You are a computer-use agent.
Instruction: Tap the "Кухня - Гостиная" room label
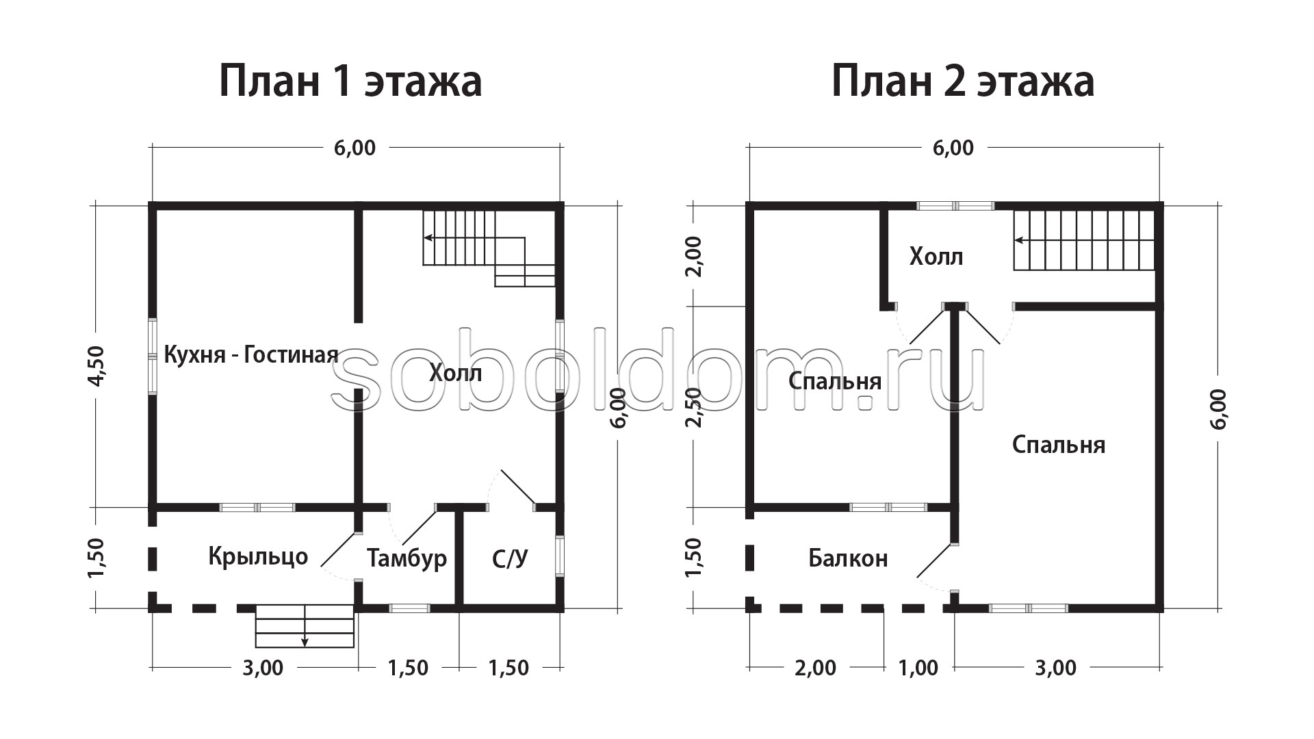coord(251,354)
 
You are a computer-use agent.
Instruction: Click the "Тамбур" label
coord(407,558)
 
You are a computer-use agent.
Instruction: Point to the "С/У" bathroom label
coord(510,559)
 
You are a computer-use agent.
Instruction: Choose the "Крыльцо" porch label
coord(258,556)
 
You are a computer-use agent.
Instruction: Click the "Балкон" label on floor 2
coord(848,558)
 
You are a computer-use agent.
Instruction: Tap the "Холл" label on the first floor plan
coord(456,374)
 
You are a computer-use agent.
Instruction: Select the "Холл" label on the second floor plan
coord(936,257)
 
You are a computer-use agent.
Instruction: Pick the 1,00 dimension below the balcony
coord(918,668)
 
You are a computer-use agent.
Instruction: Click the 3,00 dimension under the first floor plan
coord(263,668)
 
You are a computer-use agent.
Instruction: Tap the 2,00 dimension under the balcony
coord(816,668)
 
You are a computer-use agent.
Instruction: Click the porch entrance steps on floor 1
coord(305,626)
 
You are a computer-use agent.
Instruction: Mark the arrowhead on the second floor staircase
coord(1019,240)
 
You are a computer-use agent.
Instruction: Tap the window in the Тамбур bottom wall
coord(409,608)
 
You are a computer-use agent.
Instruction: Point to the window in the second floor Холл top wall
coord(955,205)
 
